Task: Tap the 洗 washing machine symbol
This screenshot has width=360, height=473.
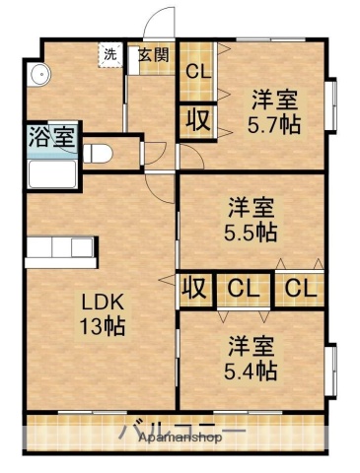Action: (110, 55)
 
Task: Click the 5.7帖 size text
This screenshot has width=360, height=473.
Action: (273, 124)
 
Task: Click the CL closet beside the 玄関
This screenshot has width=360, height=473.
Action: (198, 71)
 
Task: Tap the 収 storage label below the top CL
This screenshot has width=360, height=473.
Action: (197, 119)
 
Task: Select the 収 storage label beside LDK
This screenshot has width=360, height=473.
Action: (195, 289)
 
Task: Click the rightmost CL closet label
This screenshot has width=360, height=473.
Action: (301, 289)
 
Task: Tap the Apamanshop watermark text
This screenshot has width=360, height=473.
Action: (179, 440)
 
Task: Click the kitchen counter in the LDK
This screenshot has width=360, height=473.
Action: (61, 250)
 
